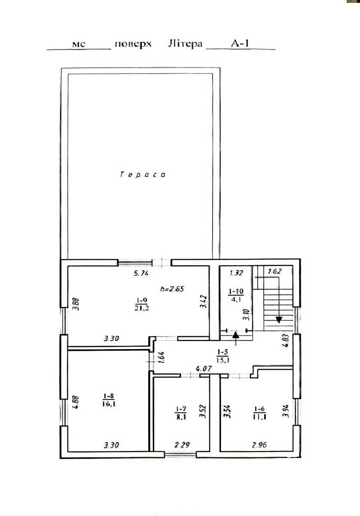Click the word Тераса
pos(143,175)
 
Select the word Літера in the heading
pos(185,43)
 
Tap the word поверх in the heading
pos(133,44)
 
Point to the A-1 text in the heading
pos(240,43)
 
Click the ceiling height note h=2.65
pos(172,289)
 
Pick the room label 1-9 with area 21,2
pos(142,304)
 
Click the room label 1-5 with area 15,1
pos(223,356)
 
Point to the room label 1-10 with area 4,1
pos(236,295)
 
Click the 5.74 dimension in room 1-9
pos(141,273)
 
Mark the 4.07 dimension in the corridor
pos(204,369)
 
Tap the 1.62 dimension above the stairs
pos(275,271)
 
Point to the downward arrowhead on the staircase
pos(279,320)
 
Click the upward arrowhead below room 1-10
pos(236,335)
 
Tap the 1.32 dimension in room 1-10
pos(236,273)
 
